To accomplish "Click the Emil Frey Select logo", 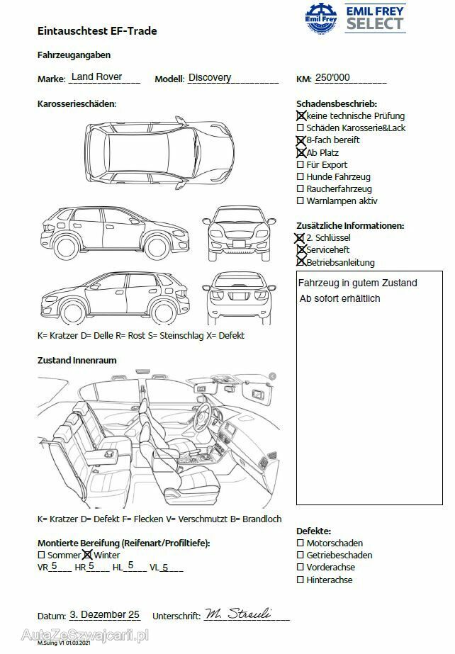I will [x=355, y=18].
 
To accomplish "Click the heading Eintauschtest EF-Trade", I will [x=97, y=31].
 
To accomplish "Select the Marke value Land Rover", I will [x=96, y=77].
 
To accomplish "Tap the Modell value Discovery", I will [x=210, y=78].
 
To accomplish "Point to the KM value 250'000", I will [x=332, y=78].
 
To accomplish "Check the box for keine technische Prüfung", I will [x=300, y=115].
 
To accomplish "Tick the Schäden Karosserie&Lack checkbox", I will [x=300, y=128].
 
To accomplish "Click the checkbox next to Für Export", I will [x=300, y=165].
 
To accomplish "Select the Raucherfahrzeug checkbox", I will [x=300, y=189].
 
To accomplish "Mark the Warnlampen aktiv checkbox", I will [x=300, y=201].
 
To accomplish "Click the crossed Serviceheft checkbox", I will [x=300, y=250].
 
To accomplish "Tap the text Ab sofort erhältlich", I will [x=340, y=298].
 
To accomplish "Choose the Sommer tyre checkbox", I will [x=41, y=556].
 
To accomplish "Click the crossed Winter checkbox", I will [x=88, y=556].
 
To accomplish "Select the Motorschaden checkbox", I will [x=300, y=543].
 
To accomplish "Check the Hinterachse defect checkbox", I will [x=300, y=580].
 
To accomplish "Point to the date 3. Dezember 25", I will [x=105, y=615].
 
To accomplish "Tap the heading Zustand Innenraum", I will [x=77, y=361].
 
